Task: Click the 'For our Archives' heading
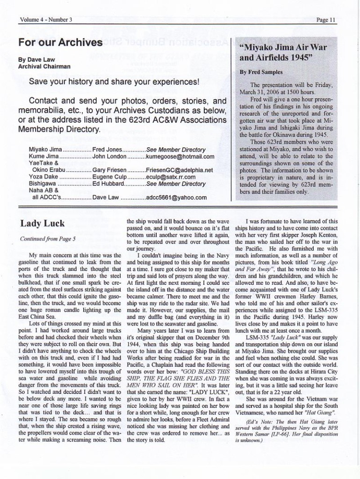coord(60,43)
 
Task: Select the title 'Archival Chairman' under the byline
coord(44,66)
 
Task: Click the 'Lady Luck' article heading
coord(42,223)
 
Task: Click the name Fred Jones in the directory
coord(108,150)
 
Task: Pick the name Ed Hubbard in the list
coord(109,184)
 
